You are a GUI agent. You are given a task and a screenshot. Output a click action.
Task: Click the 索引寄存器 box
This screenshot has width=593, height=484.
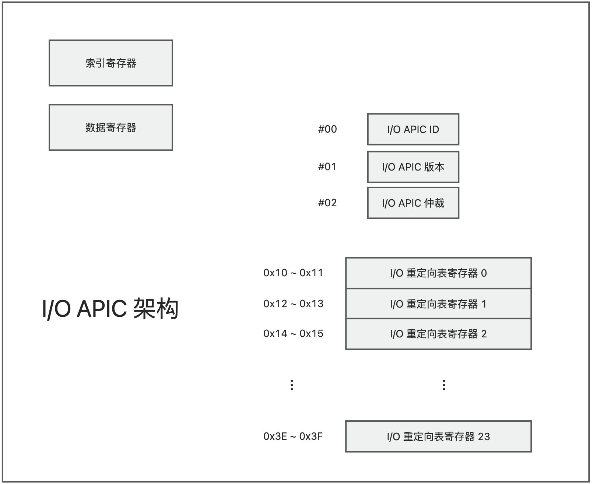[x=110, y=63]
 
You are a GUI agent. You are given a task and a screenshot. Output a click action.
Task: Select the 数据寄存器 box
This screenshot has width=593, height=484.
[x=110, y=127]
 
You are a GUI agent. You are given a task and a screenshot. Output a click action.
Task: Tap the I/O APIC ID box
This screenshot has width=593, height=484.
[x=413, y=129]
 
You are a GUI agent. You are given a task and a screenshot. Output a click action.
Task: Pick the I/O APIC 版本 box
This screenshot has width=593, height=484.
[x=413, y=167]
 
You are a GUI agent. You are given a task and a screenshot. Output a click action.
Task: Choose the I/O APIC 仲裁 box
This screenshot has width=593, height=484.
[x=413, y=203]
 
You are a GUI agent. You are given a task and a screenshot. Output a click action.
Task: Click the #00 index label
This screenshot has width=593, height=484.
[x=327, y=129]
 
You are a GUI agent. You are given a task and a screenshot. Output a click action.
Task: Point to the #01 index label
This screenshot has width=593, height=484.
[x=327, y=167]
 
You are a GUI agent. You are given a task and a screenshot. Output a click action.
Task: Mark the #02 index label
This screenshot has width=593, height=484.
[x=327, y=203]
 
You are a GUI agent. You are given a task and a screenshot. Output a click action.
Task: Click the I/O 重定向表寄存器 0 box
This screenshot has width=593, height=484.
[x=438, y=273]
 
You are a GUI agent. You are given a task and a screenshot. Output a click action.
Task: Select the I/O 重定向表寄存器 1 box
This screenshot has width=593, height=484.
[x=438, y=304]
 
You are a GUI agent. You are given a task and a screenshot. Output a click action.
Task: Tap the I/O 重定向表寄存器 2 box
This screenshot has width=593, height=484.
[x=438, y=334]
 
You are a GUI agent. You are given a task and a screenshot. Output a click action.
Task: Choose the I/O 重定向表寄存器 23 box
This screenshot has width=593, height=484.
[x=438, y=436]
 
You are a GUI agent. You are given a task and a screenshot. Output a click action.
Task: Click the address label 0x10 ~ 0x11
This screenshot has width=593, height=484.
[x=293, y=273]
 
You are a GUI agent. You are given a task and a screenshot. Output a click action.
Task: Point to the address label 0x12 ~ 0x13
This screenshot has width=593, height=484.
[x=293, y=304]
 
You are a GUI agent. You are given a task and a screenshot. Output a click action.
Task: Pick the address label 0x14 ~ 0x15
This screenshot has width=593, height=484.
[x=293, y=334]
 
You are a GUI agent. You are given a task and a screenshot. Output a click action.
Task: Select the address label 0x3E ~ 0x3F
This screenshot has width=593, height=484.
[x=293, y=436]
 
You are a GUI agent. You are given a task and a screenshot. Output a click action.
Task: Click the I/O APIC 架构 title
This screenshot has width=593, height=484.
[x=110, y=309]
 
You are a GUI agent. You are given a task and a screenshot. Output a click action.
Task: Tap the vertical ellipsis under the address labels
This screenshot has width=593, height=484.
[x=292, y=385]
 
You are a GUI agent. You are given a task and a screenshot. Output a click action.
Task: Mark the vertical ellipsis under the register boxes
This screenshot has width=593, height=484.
[x=444, y=385]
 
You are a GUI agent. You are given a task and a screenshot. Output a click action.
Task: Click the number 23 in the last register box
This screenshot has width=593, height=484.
[x=484, y=436]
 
